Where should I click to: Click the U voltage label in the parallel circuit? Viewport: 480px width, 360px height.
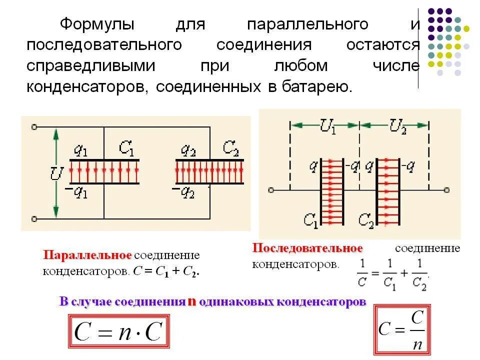pyautogui.click(x=56, y=174)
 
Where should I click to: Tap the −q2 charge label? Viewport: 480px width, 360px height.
pyautogui.click(x=183, y=192)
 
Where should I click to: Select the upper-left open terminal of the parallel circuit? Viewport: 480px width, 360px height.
pyautogui.click(x=34, y=127)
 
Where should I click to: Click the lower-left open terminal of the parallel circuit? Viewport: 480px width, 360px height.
pyautogui.click(x=34, y=218)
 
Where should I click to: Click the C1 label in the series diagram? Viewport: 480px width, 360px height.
pyautogui.click(x=310, y=219)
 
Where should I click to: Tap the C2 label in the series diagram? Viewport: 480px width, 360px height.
pyautogui.click(x=366, y=219)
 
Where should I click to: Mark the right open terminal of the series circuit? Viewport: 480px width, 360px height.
pyautogui.click(x=446, y=190)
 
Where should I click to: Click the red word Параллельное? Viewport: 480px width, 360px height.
pyautogui.click(x=87, y=255)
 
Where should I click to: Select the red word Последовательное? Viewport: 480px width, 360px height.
pyautogui.click(x=307, y=248)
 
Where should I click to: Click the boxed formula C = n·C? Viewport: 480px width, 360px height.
pyautogui.click(x=118, y=331)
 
